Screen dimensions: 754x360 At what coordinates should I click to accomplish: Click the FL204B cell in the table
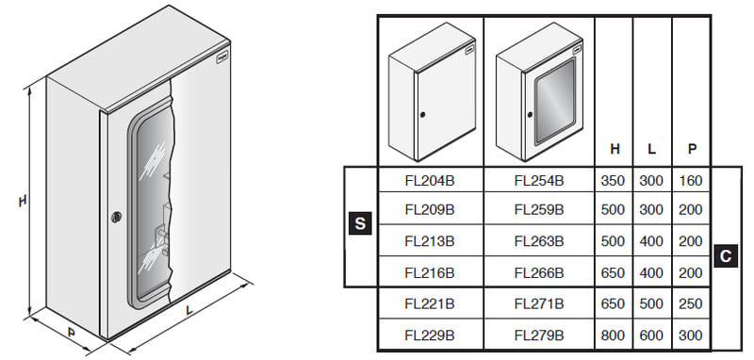[430, 181]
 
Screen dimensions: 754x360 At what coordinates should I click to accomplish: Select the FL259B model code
[538, 209]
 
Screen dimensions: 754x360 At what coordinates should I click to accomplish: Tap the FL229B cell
[430, 335]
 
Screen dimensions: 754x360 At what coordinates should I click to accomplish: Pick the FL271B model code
[538, 303]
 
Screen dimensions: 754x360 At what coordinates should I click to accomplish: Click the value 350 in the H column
[613, 181]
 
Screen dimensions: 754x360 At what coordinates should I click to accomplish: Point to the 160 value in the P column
[691, 181]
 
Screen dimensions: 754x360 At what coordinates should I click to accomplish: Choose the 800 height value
[613, 335]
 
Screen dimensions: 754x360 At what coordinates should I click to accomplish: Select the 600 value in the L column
[651, 335]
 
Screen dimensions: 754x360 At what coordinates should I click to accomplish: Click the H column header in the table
[615, 149]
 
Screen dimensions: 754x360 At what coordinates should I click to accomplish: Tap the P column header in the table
[692, 149]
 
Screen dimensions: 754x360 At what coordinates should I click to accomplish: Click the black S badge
[360, 223]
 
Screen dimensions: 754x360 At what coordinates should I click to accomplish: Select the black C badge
[726, 256]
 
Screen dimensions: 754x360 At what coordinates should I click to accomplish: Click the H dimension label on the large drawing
[22, 201]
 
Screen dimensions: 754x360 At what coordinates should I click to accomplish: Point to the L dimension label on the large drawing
[189, 310]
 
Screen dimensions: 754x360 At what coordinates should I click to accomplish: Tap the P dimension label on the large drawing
[72, 332]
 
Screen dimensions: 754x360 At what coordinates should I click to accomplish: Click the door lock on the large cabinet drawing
[116, 217]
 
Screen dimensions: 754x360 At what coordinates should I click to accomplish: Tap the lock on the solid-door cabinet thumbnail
[422, 115]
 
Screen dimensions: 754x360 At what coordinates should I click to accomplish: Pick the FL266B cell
[538, 272]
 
